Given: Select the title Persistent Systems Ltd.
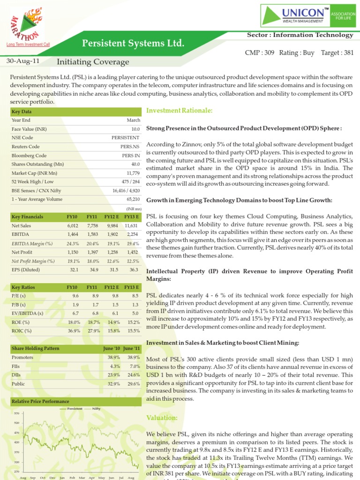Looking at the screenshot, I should click(x=133, y=44).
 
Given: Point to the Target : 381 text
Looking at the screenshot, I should click(x=337, y=53).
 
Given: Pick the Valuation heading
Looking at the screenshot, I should click(x=162, y=418).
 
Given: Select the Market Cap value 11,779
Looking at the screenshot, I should click(x=132, y=173).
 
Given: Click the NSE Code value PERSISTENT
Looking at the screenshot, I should click(x=126, y=138).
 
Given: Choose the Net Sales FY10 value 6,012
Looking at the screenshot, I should click(x=73, y=225).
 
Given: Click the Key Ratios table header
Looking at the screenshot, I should click(x=23, y=287).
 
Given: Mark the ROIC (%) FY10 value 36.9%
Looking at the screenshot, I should click(x=73, y=331).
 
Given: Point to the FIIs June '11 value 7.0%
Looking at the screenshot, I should click(x=134, y=366).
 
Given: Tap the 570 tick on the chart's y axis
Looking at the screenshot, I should click(x=16, y=413).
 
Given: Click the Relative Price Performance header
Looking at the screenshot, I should click(x=40, y=401).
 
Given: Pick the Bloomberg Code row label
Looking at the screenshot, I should click(x=29, y=156).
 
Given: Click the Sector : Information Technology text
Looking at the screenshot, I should click(x=300, y=35).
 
